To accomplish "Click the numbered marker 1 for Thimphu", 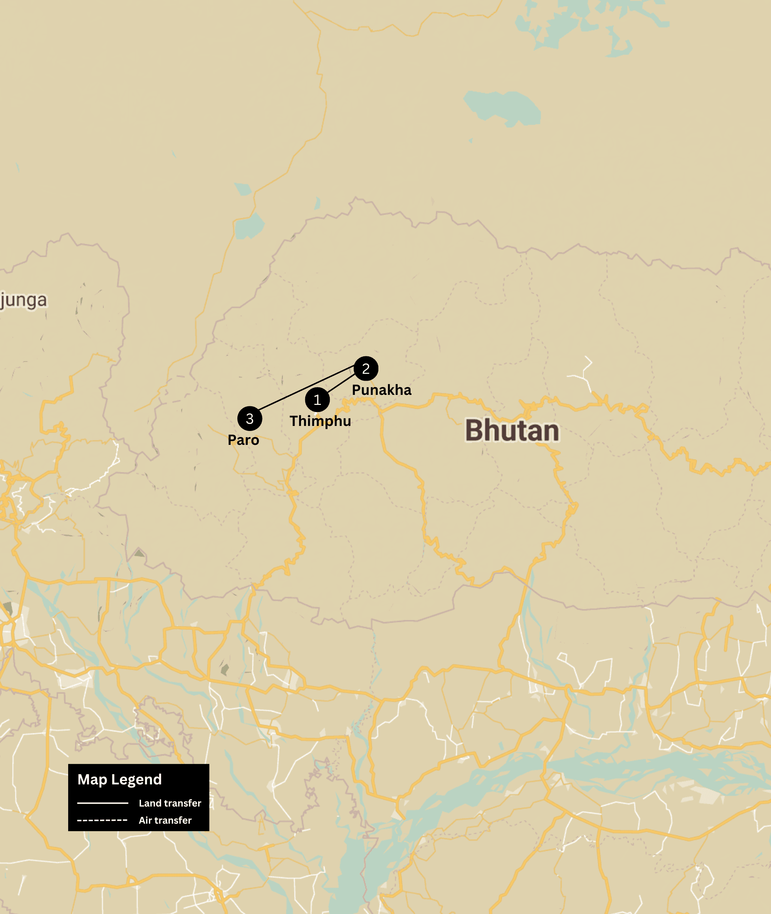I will pyautogui.click(x=317, y=400).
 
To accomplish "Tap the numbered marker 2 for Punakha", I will pyautogui.click(x=366, y=368).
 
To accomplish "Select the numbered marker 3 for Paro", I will pyautogui.click(x=250, y=418).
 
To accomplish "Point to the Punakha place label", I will pyautogui.click(x=382, y=390).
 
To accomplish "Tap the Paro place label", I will pyautogui.click(x=243, y=440).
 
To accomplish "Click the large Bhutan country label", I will pyautogui.click(x=512, y=431).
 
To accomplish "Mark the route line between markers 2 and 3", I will pyautogui.click(x=306, y=388).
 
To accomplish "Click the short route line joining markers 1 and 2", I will pyautogui.click(x=342, y=383).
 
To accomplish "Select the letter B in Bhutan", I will pyautogui.click(x=475, y=431).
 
